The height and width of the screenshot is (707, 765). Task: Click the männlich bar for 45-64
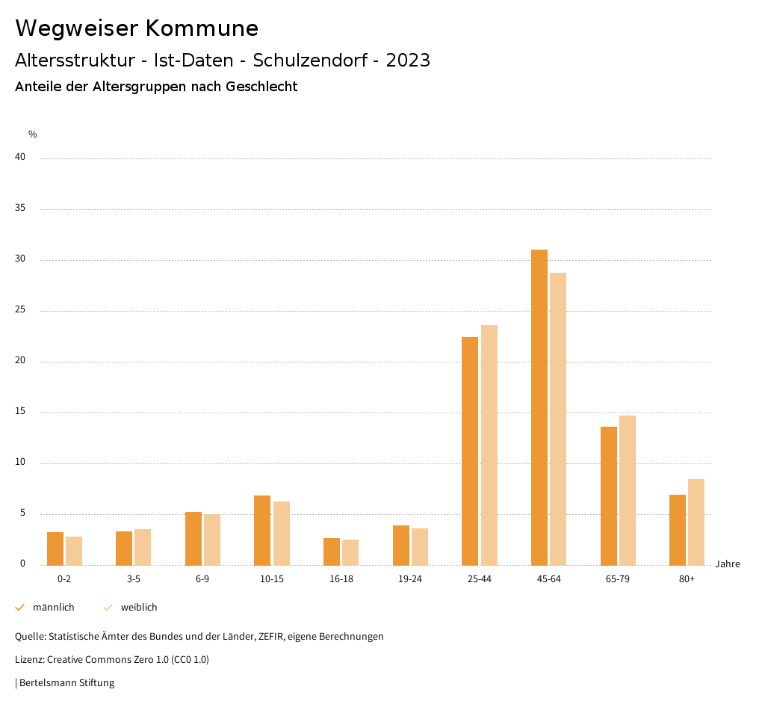coord(539,407)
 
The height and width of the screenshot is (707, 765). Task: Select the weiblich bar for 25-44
coord(489,445)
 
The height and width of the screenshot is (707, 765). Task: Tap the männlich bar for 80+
coord(678,530)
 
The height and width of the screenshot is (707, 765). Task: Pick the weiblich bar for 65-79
coord(628,490)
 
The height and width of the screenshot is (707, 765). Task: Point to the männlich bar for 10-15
coord(262,530)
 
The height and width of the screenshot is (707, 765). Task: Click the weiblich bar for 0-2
coord(74,551)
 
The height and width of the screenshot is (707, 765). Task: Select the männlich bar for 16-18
coord(332,552)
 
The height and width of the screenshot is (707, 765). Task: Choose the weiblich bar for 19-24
coord(420,546)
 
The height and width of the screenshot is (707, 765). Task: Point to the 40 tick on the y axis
coord(20,158)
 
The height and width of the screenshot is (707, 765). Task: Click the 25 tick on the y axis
coord(20,310)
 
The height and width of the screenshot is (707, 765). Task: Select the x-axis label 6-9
coord(202,579)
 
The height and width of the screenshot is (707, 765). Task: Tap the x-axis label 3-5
coord(134,579)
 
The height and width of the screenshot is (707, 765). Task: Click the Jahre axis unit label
coord(727,564)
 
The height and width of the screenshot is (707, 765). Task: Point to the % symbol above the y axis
coord(33,135)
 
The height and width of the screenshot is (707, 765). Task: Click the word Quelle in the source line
coord(30,637)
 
